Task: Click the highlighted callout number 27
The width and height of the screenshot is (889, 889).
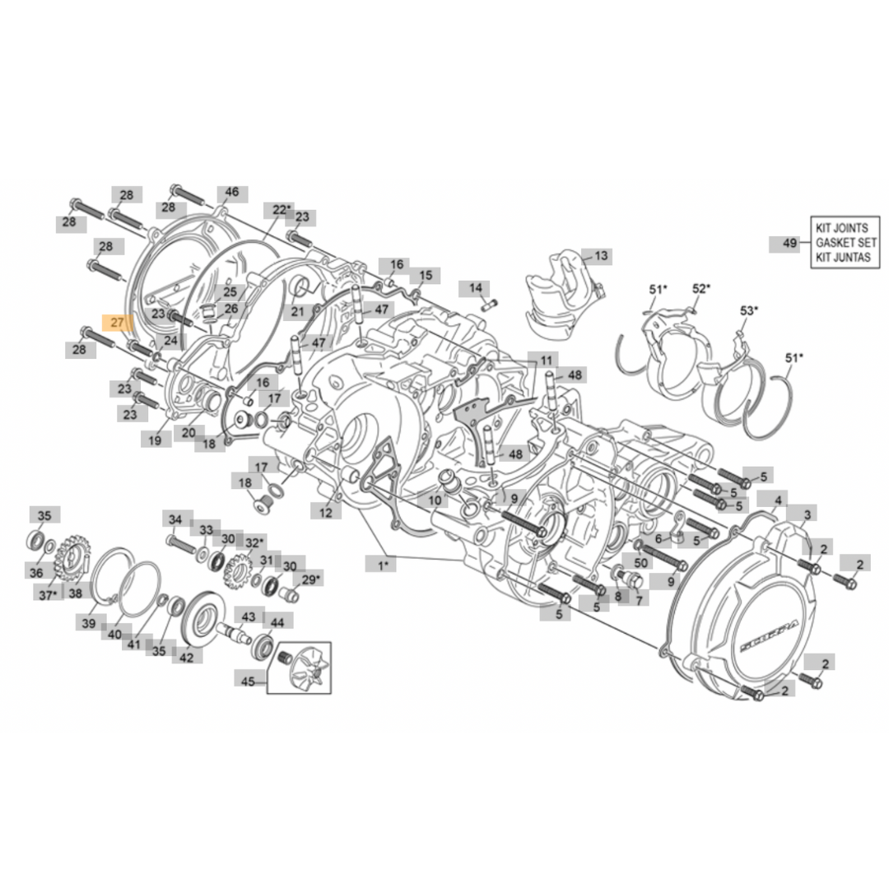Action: click(116, 323)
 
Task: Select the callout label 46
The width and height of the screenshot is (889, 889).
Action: click(232, 193)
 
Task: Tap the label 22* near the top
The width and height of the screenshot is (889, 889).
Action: click(282, 210)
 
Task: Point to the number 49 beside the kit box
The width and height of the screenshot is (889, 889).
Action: click(789, 243)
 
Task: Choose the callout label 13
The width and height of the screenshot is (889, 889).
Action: click(601, 256)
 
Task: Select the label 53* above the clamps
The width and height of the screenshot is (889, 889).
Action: click(748, 310)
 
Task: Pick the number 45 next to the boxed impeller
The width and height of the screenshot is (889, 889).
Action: click(248, 681)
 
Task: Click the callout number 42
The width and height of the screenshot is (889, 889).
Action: click(187, 657)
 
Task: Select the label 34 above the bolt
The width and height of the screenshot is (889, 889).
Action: click(175, 520)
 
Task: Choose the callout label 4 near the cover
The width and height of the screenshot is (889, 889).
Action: click(779, 500)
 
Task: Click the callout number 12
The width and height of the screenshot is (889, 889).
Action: click(326, 513)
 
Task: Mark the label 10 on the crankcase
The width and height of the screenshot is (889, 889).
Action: click(435, 500)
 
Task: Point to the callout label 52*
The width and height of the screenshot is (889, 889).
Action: click(701, 289)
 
